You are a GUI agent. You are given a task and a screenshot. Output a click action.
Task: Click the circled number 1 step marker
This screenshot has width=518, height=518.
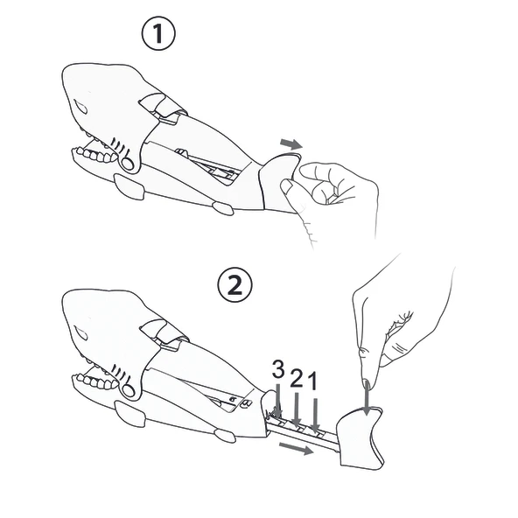(x=158, y=33)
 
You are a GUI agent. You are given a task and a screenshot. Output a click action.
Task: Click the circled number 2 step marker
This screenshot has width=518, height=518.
(x=234, y=284)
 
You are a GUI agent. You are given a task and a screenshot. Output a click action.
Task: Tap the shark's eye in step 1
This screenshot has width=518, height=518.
(x=80, y=107)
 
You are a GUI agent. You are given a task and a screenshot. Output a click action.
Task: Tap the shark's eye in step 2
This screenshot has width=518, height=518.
(x=80, y=333)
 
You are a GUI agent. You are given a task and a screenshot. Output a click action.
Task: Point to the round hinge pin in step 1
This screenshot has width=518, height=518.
(x=128, y=164)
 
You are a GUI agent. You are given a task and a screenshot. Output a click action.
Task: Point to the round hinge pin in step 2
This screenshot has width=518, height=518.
(x=129, y=391)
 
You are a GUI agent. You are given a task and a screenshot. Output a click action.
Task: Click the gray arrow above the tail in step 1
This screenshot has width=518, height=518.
(x=291, y=144)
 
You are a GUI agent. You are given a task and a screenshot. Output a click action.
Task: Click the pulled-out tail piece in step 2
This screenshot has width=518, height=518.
(x=360, y=437)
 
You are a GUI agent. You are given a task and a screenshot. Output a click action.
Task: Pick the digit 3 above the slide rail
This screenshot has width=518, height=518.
(x=278, y=369)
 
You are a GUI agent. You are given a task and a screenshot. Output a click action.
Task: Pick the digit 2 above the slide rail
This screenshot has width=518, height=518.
(x=297, y=378)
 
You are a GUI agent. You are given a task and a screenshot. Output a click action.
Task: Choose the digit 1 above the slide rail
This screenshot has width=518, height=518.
(x=312, y=381)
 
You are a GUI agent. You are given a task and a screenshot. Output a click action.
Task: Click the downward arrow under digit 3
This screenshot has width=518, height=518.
(x=278, y=401)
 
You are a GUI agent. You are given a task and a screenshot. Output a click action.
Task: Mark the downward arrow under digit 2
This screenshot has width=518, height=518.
(x=297, y=409)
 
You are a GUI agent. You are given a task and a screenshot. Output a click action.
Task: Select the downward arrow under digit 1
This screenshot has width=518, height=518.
(x=316, y=415)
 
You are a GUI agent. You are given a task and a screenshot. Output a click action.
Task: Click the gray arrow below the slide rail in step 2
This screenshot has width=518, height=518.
(x=297, y=449)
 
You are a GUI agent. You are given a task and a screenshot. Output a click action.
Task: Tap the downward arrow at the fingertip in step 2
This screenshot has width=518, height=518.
(x=367, y=398)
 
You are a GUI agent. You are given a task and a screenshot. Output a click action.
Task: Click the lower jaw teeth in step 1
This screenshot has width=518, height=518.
(x=96, y=155)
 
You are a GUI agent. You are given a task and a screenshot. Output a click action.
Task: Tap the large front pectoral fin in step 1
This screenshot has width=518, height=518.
(x=129, y=186)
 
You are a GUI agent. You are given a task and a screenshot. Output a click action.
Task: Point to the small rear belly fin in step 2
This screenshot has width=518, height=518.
(x=225, y=436)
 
